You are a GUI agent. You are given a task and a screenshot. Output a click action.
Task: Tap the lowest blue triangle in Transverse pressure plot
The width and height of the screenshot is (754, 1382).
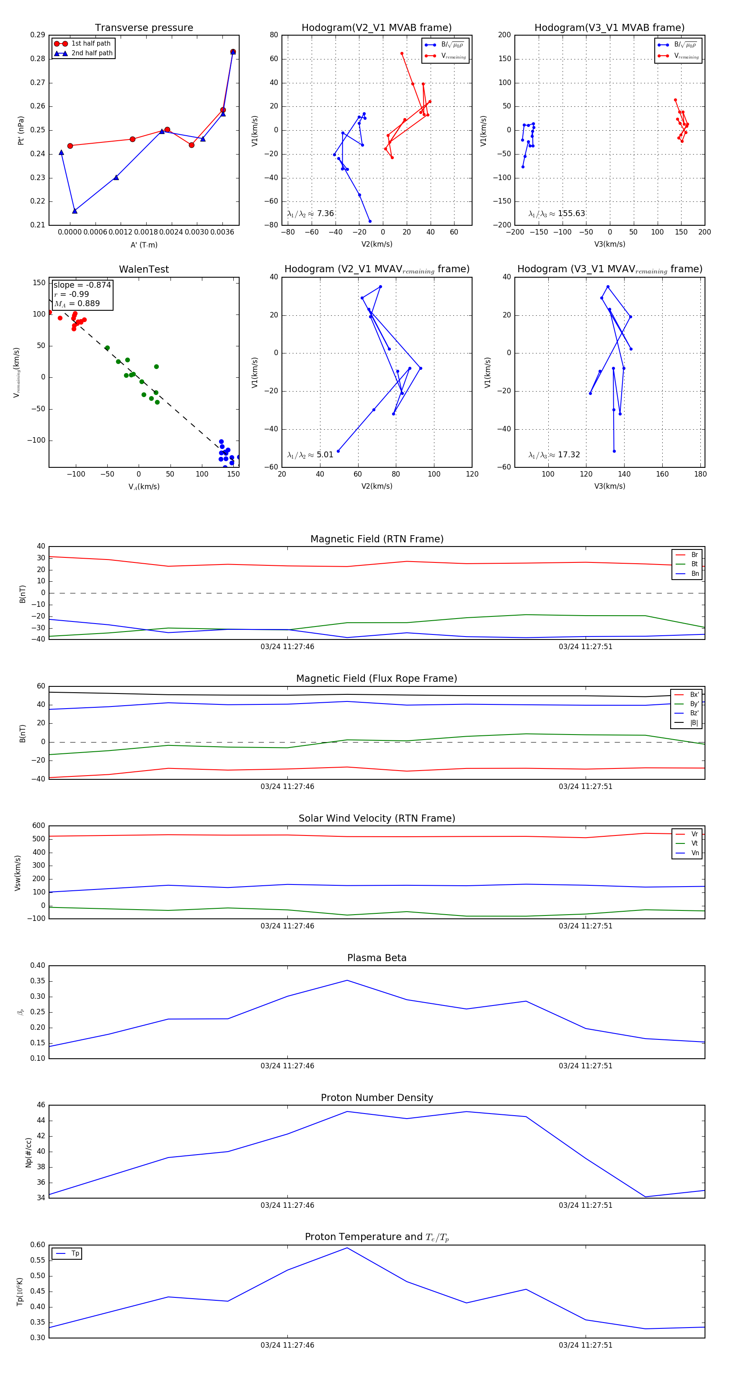click(75, 211)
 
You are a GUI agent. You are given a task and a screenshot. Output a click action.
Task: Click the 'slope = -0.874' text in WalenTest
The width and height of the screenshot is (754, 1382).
click(82, 285)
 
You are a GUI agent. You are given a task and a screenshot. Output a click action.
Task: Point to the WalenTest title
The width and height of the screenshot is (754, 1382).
click(144, 269)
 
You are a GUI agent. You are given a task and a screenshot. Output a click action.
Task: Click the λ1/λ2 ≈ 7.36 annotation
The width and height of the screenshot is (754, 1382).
click(311, 214)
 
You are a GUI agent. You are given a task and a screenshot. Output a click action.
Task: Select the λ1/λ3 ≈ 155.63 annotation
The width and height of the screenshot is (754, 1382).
click(557, 214)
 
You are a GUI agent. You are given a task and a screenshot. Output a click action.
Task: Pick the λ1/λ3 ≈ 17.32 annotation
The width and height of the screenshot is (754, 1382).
click(554, 455)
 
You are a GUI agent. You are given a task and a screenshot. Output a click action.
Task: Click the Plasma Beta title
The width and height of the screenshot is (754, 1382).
click(377, 958)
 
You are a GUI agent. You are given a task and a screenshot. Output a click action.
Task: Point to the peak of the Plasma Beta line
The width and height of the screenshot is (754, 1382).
click(347, 980)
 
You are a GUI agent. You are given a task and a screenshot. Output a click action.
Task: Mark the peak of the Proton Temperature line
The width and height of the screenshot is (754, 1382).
click(347, 1248)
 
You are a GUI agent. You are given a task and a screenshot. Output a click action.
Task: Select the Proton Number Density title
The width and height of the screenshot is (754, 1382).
click(377, 1098)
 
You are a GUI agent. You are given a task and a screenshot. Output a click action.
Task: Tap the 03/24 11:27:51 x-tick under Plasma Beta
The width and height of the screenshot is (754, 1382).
click(586, 1065)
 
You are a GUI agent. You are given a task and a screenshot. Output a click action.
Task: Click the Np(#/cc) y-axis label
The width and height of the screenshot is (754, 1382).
click(28, 1153)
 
